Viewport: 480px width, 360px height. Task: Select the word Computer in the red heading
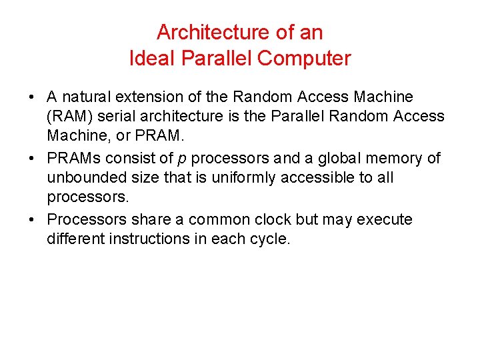point(304,59)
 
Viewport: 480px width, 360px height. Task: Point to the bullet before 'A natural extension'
point(33,97)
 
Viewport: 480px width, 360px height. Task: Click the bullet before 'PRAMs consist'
point(33,159)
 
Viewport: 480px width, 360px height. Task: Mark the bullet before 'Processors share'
point(33,220)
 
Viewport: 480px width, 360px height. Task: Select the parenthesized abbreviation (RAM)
point(70,117)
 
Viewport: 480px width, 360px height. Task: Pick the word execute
point(386,220)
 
